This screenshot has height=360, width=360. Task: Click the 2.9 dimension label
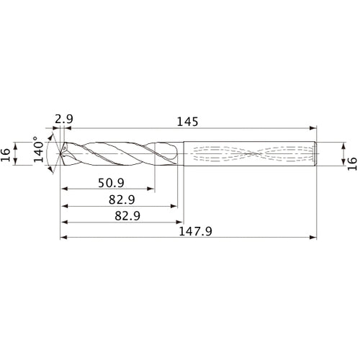coord(63,117)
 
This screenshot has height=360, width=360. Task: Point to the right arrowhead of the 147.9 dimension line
coord(315,237)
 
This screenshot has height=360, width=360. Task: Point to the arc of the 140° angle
coord(48,153)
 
